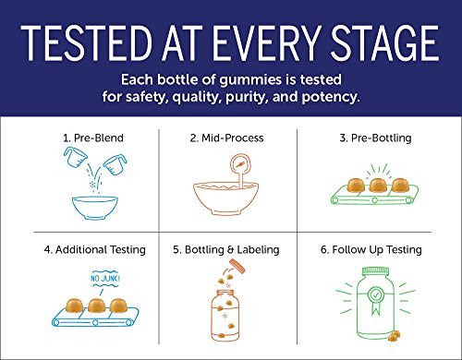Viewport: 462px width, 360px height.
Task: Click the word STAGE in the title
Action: [384, 43]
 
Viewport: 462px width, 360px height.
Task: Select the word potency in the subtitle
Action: [331, 98]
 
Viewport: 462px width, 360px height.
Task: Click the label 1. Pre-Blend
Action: [93, 138]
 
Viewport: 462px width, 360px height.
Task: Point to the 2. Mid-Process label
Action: [226, 138]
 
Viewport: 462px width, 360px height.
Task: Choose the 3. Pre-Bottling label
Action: [375, 138]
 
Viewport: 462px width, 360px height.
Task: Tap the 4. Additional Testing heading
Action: [95, 249]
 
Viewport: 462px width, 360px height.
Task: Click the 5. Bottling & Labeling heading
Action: [226, 249]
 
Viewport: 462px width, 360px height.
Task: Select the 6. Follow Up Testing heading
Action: [371, 249]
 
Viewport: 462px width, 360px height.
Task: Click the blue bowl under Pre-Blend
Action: [95, 208]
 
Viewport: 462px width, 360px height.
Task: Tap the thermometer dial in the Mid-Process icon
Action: [240, 165]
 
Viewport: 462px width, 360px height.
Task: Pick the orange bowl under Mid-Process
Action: [226, 198]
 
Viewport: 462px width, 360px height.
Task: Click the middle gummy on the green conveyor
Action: [378, 186]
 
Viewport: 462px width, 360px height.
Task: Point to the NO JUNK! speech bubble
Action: [105, 279]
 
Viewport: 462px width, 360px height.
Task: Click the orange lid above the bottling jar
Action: [237, 267]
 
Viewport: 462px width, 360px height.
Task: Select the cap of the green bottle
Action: [375, 272]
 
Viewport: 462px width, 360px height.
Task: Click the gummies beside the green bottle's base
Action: [395, 336]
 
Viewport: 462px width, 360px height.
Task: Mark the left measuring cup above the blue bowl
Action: [75, 157]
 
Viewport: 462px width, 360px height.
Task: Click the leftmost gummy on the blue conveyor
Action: [74, 306]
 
